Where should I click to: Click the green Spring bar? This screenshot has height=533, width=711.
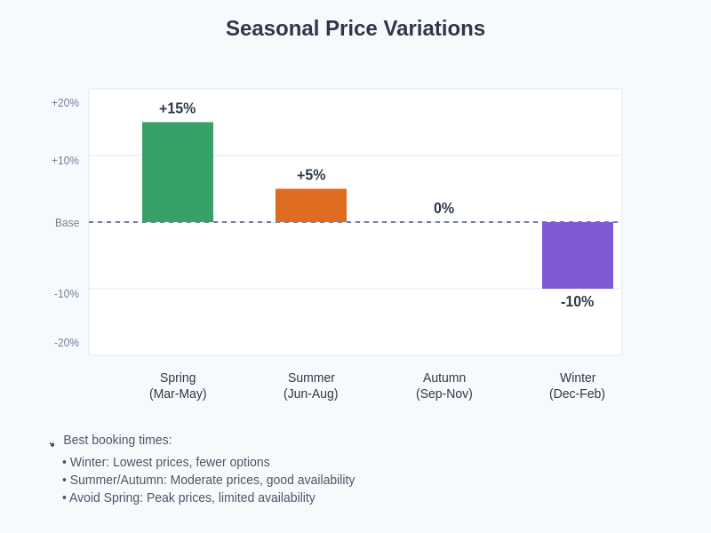(x=178, y=172)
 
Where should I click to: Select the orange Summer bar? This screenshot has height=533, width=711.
(x=311, y=205)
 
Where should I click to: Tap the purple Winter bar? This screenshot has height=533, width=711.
(x=578, y=255)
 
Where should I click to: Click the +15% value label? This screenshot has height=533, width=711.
(x=177, y=108)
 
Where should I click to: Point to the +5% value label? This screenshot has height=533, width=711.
(x=311, y=175)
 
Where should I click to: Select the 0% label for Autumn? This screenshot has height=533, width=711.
(x=443, y=208)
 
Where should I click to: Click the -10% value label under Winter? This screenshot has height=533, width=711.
(x=577, y=302)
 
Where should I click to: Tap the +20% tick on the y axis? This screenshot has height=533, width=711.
(x=65, y=103)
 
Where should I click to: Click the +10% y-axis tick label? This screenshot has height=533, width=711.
(x=65, y=161)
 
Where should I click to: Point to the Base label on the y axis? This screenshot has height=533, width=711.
(x=67, y=223)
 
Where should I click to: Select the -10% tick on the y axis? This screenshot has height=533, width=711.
(x=66, y=294)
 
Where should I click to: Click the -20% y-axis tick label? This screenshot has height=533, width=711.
(x=66, y=343)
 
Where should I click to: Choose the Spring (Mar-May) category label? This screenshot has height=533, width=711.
(x=178, y=386)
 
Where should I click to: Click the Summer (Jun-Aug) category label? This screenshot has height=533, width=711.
(x=311, y=386)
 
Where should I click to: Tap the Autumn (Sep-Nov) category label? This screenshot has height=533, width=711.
(x=444, y=386)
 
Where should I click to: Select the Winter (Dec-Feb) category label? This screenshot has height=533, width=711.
(x=578, y=386)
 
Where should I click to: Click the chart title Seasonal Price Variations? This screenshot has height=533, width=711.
(x=355, y=28)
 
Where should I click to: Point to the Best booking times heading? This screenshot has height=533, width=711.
(x=117, y=440)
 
